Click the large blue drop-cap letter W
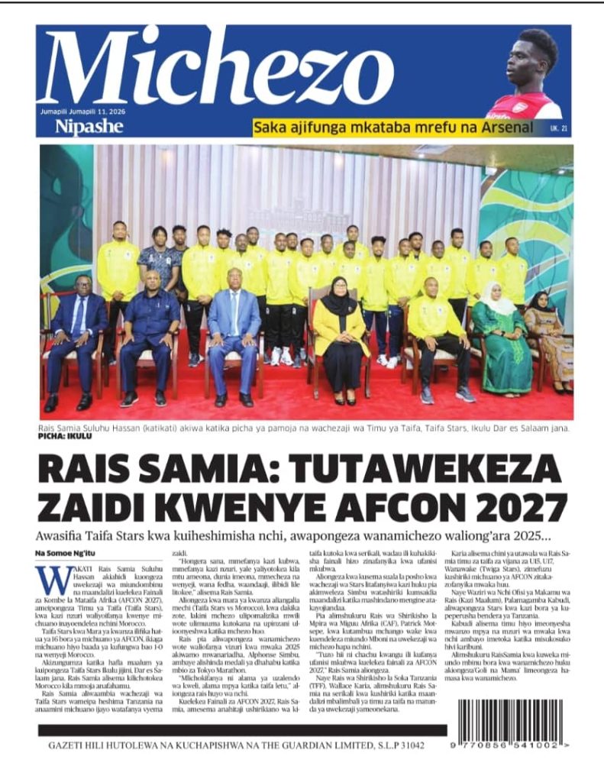(x=53, y=579)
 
